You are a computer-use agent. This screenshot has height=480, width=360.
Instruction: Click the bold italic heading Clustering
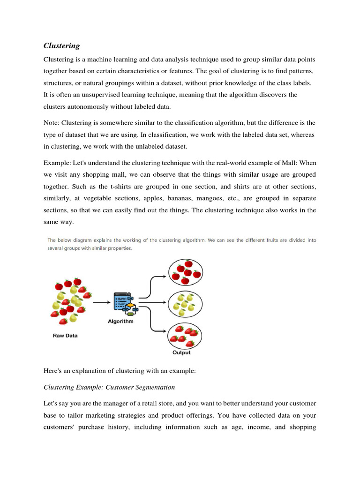point(61,45)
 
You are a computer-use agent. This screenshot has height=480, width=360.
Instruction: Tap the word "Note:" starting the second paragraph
point(52,123)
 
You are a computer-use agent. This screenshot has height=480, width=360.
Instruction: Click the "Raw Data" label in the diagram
point(65,336)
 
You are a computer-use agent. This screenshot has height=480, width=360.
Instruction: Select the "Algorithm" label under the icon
point(120,322)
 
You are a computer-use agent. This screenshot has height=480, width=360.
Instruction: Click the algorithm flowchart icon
point(123,304)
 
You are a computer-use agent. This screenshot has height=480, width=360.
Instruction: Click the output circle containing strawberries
point(185,336)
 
